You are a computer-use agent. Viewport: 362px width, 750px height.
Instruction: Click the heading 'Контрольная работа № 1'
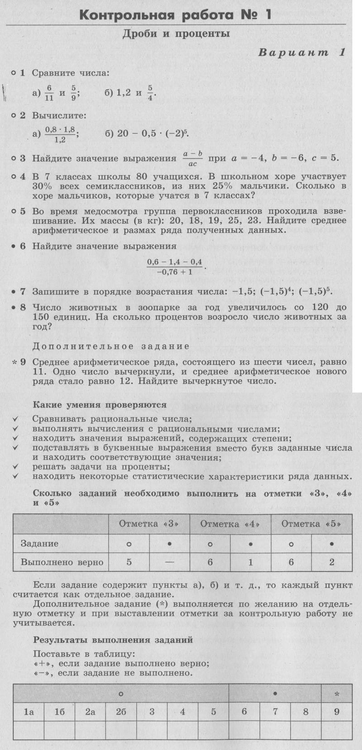click(175, 15)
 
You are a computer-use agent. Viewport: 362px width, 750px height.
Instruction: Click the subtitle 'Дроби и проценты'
click(176, 34)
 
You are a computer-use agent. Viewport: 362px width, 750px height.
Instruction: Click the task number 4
click(23, 176)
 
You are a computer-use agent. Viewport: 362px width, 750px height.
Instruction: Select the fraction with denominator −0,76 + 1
click(174, 267)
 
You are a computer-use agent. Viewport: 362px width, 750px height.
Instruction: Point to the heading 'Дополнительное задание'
click(111, 347)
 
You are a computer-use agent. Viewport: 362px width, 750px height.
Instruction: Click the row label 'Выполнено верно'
click(62, 563)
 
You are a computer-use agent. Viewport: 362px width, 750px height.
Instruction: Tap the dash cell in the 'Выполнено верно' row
click(169, 563)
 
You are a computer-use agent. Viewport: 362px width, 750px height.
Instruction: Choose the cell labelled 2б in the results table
click(121, 712)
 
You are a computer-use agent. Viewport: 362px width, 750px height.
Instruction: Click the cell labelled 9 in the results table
click(337, 712)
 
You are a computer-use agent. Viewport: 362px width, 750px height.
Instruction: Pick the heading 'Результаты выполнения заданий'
click(113, 640)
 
